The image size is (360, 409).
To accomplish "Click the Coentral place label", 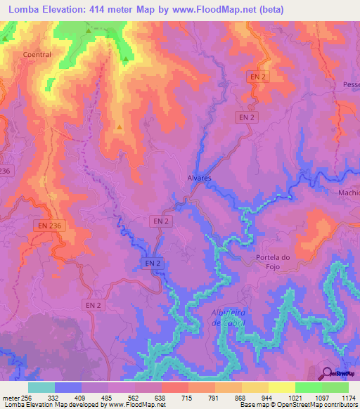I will [37, 55].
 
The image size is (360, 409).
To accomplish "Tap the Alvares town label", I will [200, 178].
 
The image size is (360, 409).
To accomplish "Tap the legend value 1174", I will [340, 398].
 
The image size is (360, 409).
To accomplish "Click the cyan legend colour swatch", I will [41, 387].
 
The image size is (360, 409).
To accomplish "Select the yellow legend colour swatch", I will [281, 387].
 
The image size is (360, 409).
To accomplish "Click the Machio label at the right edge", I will [349, 192].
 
